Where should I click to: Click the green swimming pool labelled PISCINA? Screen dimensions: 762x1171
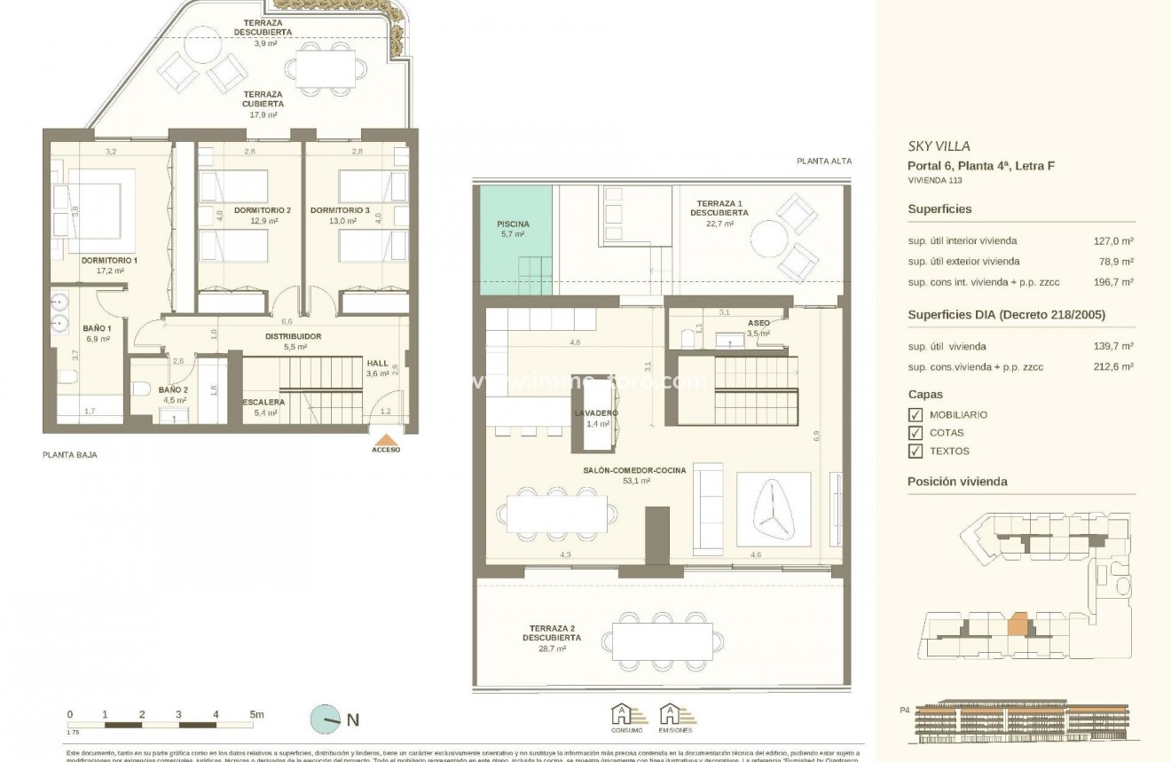pyautogui.click(x=513, y=229)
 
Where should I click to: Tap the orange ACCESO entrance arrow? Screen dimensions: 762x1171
pyautogui.click(x=386, y=442)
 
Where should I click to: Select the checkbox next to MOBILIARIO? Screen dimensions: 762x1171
pyautogui.click(x=916, y=414)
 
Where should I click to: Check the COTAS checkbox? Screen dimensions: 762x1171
pyautogui.click(x=916, y=433)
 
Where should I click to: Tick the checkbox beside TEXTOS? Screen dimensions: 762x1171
pyautogui.click(x=916, y=452)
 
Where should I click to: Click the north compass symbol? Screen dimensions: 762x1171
pyautogui.click(x=326, y=719)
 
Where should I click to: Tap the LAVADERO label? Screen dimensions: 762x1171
pyautogui.click(x=595, y=413)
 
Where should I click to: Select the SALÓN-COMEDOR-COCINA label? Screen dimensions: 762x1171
pyautogui.click(x=634, y=471)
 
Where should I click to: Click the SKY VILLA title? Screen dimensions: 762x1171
pyautogui.click(x=939, y=146)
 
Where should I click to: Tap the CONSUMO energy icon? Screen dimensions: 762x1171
pyautogui.click(x=621, y=714)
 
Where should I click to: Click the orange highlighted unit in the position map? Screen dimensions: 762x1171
pyautogui.click(x=1018, y=625)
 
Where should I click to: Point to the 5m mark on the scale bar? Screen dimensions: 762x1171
pyautogui.click(x=255, y=714)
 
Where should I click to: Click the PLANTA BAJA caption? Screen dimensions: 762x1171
pyautogui.click(x=70, y=454)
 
